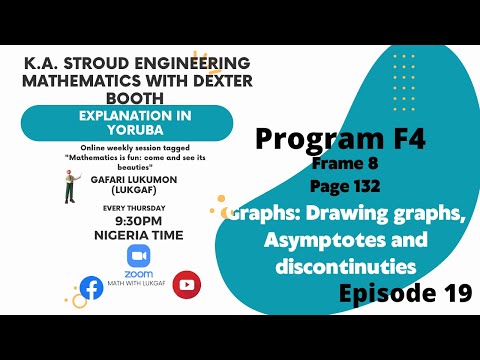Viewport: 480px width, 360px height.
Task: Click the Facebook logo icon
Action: click(x=91, y=288)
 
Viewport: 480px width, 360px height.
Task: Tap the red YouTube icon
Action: click(x=186, y=284)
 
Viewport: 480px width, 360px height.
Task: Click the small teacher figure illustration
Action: click(x=71, y=185)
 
